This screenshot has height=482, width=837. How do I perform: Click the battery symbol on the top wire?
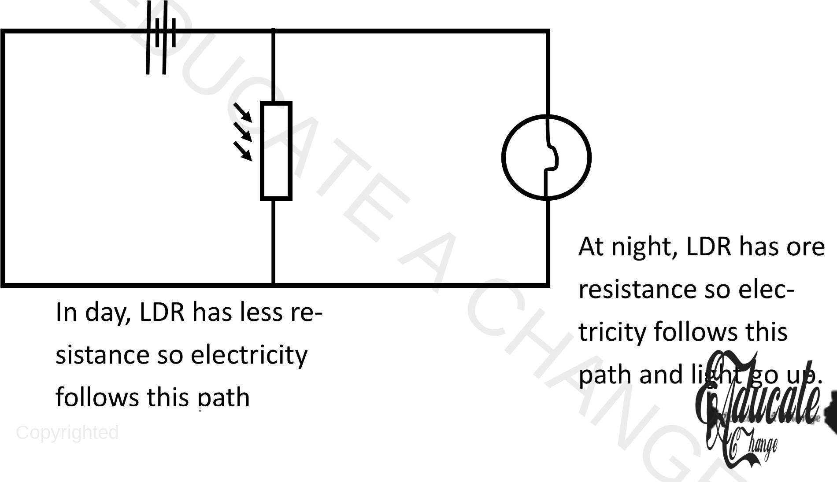[x=160, y=37]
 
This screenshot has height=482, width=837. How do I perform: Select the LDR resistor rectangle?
[x=276, y=151]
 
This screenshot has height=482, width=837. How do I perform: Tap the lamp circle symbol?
[x=546, y=157]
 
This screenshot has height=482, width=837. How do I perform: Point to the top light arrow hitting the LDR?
[x=242, y=112]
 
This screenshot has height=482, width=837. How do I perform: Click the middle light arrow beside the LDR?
[x=242, y=132]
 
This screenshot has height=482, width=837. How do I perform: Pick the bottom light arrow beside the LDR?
[x=242, y=151]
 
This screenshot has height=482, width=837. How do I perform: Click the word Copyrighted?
[x=67, y=433]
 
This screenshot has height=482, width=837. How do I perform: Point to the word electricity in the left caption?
[x=249, y=355]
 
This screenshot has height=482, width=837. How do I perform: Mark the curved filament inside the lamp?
[x=552, y=157]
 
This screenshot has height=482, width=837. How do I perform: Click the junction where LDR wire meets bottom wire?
[x=274, y=285]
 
